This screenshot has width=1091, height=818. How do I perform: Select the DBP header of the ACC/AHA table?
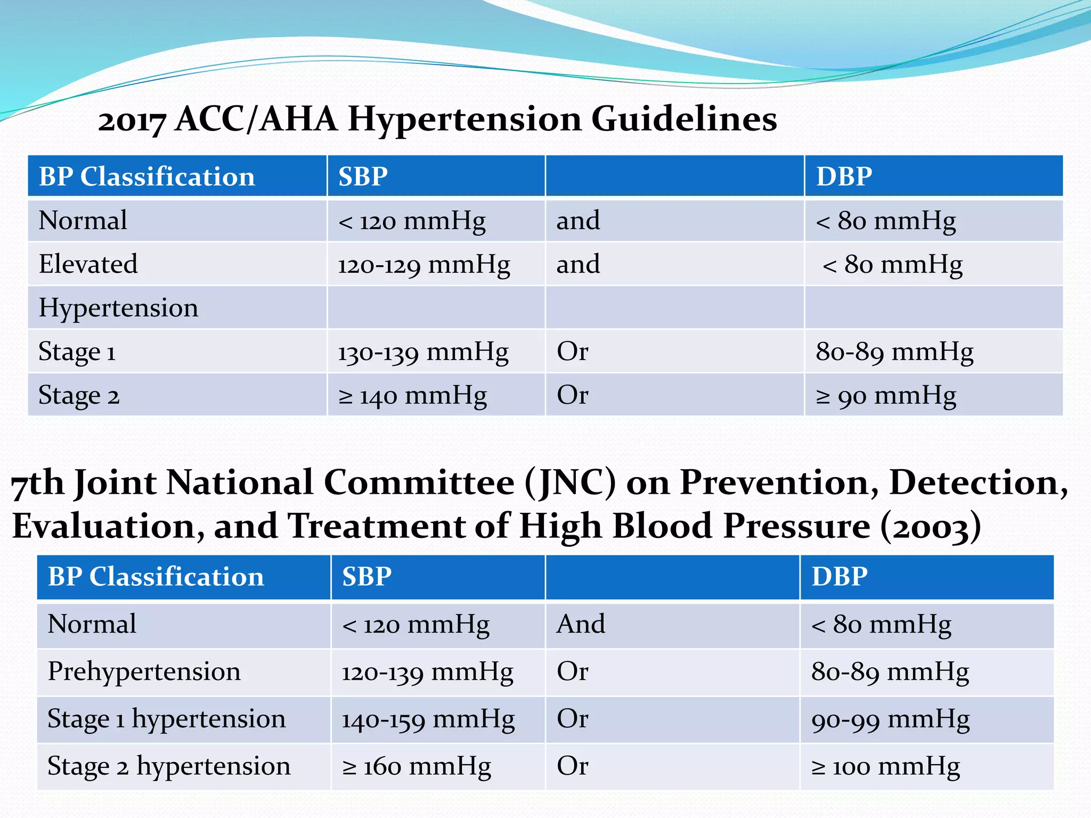(x=844, y=176)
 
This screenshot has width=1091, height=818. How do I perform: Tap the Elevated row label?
(x=88, y=264)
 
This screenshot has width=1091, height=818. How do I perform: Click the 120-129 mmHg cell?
(x=424, y=265)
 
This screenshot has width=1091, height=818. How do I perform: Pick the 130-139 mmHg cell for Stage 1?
(x=423, y=352)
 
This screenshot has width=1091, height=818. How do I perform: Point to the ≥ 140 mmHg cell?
(x=412, y=396)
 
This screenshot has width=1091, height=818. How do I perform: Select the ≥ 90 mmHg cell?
(x=886, y=396)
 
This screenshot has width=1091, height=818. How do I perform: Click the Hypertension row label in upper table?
(x=118, y=308)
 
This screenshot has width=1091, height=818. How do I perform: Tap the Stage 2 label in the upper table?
(x=79, y=396)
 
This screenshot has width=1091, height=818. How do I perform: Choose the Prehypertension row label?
(x=144, y=672)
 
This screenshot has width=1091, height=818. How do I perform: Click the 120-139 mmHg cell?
(x=427, y=672)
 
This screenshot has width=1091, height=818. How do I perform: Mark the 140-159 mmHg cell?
(x=428, y=719)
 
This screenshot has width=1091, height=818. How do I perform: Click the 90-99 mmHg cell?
(x=890, y=719)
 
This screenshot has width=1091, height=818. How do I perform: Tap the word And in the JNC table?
(x=581, y=624)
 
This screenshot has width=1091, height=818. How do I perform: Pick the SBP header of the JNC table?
(x=367, y=577)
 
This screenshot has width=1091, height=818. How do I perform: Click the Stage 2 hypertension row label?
(x=169, y=766)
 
